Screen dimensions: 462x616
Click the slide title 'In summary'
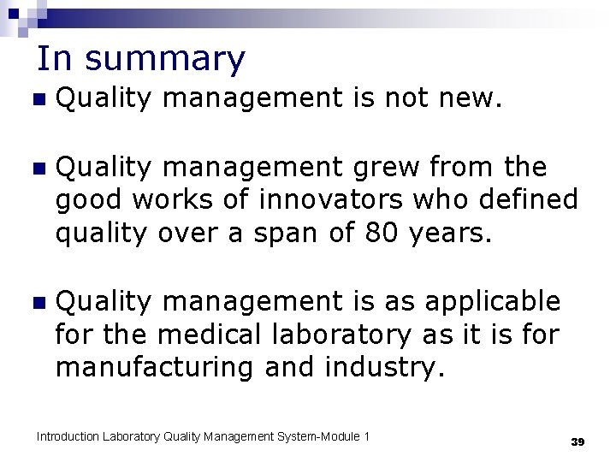pyautogui.click(x=141, y=59)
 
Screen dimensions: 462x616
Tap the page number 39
pyautogui.click(x=577, y=441)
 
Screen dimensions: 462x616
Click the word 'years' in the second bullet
pyautogui.click(x=456, y=233)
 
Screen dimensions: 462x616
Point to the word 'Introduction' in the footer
pyautogui.click(x=68, y=437)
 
